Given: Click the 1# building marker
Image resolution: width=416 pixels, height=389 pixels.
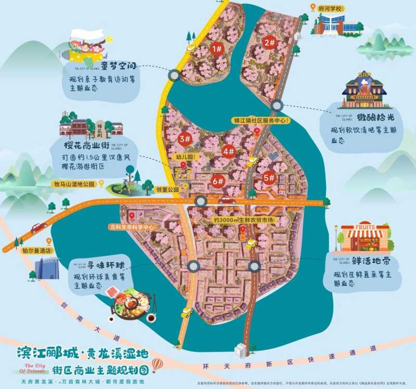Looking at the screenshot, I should click(x=217, y=49).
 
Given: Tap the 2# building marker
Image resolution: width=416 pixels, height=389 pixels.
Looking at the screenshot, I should click(x=269, y=43).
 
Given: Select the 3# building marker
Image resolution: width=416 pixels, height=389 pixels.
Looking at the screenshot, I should click(x=184, y=139).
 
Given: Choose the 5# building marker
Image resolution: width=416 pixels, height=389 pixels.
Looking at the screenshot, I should click(x=269, y=177).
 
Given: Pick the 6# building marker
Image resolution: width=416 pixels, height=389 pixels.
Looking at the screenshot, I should click(x=218, y=181).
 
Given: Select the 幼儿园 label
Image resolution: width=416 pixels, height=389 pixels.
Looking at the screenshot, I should click(x=183, y=157).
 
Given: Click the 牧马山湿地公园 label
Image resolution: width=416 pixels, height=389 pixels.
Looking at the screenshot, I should click(x=73, y=184).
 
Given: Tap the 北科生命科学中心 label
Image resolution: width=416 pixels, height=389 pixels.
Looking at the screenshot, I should click(x=132, y=227).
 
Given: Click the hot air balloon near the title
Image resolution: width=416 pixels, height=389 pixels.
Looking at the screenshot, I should click(x=157, y=358).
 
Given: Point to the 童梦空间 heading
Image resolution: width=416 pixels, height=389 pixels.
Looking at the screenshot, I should click(x=119, y=66).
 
